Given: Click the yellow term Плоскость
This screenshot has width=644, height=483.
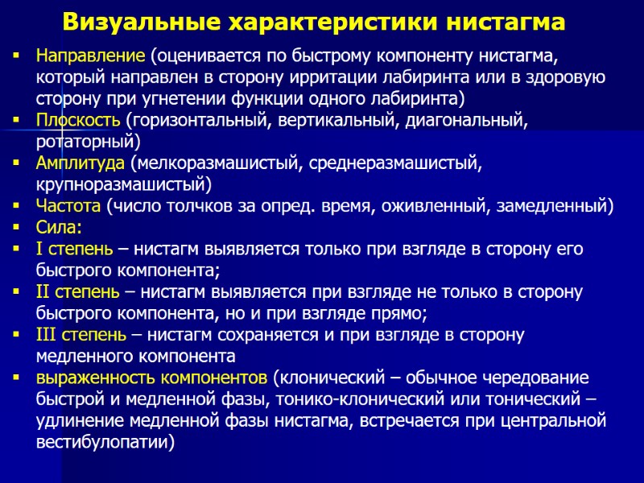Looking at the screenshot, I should (78, 121).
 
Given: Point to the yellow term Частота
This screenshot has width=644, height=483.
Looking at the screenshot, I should (68, 206).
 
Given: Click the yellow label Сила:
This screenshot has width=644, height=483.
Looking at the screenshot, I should (59, 227).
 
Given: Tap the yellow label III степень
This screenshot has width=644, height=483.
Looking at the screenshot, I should (80, 334).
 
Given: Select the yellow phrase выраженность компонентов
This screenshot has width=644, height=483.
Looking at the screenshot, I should (152, 377).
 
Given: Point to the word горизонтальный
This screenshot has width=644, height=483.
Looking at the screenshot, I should (198, 121).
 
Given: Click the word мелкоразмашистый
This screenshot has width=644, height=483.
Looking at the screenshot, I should (217, 163).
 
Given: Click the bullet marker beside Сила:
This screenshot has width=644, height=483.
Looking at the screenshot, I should (17, 227).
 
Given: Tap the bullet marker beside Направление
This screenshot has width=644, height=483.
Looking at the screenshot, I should (17, 58).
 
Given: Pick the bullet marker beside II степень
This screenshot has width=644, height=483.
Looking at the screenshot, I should (17, 291).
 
